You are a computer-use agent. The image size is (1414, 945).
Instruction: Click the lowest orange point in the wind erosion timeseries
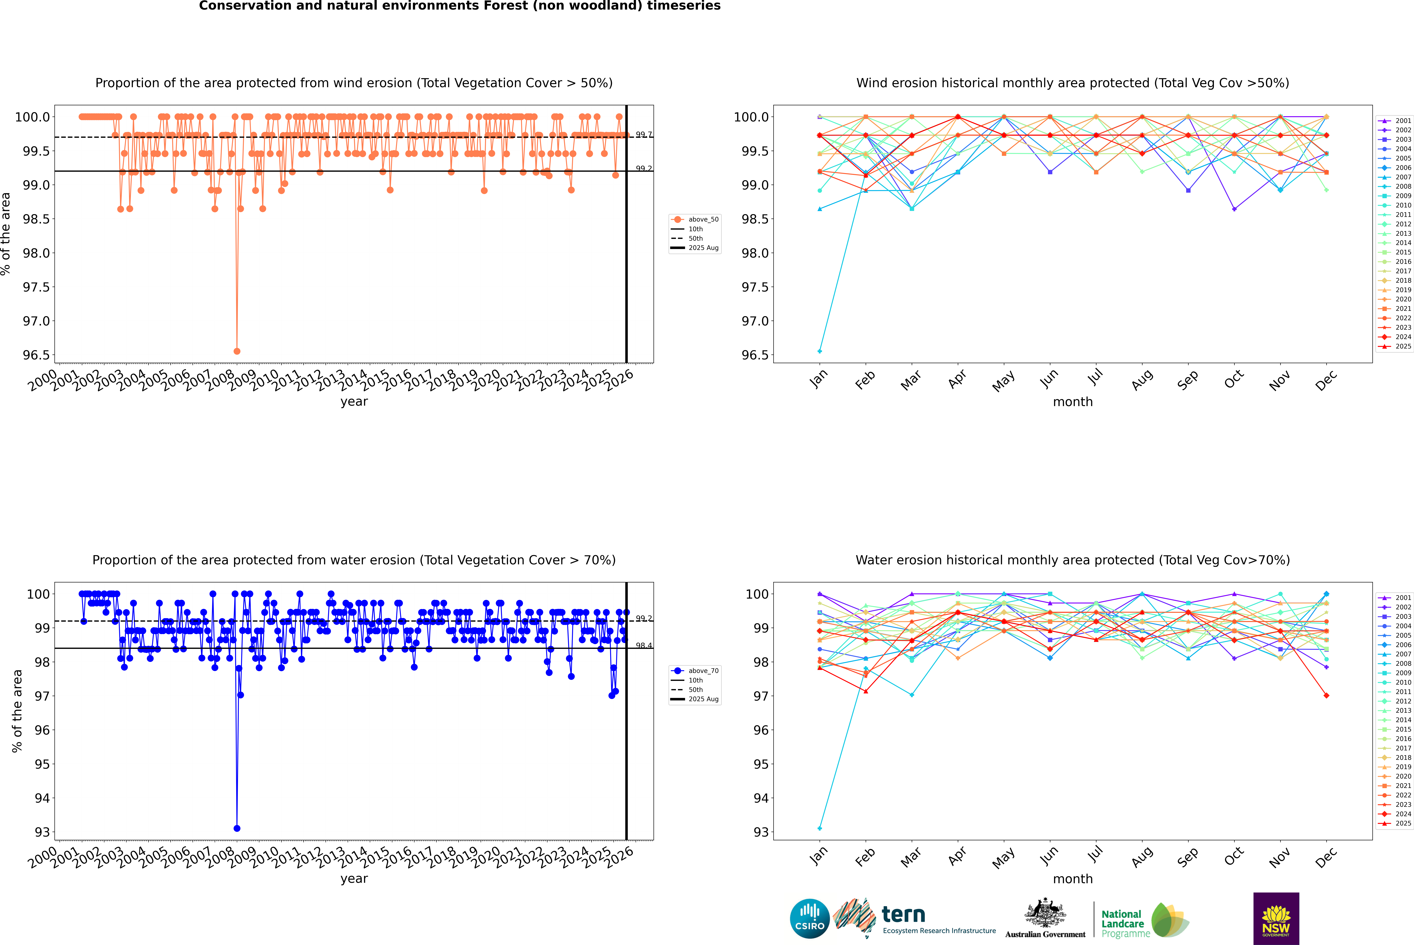pyautogui.click(x=237, y=351)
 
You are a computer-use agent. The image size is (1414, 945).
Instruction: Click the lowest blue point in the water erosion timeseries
pyautogui.click(x=237, y=828)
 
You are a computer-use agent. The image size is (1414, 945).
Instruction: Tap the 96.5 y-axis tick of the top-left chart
pyautogui.click(x=36, y=355)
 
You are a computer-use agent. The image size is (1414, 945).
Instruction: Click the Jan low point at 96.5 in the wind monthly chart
pyautogui.click(x=820, y=351)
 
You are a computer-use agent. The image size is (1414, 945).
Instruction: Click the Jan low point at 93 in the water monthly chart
pyautogui.click(x=820, y=828)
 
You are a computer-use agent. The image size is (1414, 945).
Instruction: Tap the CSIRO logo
pyautogui.click(x=810, y=919)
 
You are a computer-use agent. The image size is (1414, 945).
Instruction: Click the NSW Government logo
pyautogui.click(x=1276, y=919)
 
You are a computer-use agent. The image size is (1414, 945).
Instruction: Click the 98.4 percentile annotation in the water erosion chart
pyautogui.click(x=644, y=645)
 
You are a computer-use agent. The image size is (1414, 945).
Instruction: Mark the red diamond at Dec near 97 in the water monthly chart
pyautogui.click(x=1326, y=696)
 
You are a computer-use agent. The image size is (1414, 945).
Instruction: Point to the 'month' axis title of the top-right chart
pyautogui.click(x=1072, y=402)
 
